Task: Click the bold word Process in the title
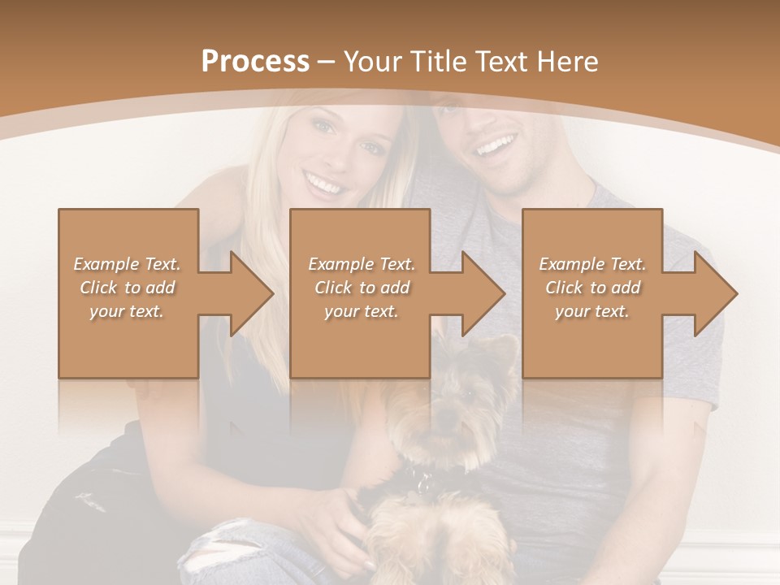pos(255,62)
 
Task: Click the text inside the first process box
pos(128,288)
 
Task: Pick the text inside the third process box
pos(592,288)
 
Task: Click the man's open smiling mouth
pos(496,147)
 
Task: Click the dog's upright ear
pos(503,349)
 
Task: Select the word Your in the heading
pos(372,62)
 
